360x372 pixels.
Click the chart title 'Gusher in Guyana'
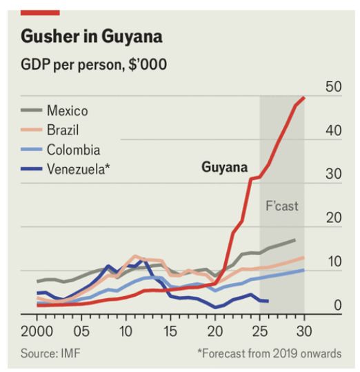tap(91, 36)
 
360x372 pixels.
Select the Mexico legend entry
tap(67, 110)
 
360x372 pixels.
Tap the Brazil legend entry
tap(64, 130)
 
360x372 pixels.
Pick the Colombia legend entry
tap(73, 149)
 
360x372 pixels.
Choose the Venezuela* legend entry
tap(78, 168)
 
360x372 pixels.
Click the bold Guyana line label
tap(225, 167)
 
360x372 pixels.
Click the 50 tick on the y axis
tap(333, 87)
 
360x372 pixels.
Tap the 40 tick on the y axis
tap(333, 131)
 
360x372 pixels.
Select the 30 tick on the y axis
tap(333, 175)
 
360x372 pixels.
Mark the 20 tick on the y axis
tap(333, 218)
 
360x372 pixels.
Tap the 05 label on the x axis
tap(81, 329)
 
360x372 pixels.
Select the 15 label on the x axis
tap(170, 329)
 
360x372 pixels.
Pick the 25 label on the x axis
tap(259, 329)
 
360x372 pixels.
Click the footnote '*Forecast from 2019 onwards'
tap(269, 353)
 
